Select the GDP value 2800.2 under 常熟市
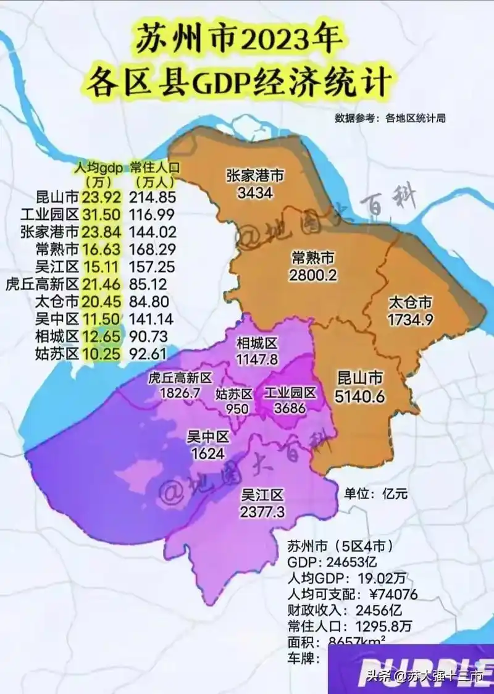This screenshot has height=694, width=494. tap(313, 275)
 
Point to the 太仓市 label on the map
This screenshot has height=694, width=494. tap(410, 303)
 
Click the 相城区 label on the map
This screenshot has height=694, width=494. tap(257, 343)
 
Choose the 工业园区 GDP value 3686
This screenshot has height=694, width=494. tap(289, 408)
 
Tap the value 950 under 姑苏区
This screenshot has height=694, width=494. tap(237, 409)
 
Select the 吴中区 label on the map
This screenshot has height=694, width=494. tap(208, 437)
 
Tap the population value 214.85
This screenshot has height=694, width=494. tap(153, 198)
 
